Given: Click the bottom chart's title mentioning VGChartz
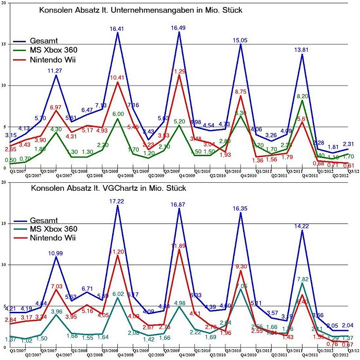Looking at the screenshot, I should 108,189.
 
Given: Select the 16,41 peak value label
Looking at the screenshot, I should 117,29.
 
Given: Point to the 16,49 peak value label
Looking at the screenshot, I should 179,28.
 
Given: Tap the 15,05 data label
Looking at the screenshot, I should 241,40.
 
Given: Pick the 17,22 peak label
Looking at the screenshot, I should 117,202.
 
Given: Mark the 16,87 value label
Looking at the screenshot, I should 179,204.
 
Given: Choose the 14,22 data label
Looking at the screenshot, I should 302,226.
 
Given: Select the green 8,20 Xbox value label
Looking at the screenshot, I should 302,96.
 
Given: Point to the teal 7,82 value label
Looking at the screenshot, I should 302,279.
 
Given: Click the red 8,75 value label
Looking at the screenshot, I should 241,92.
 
